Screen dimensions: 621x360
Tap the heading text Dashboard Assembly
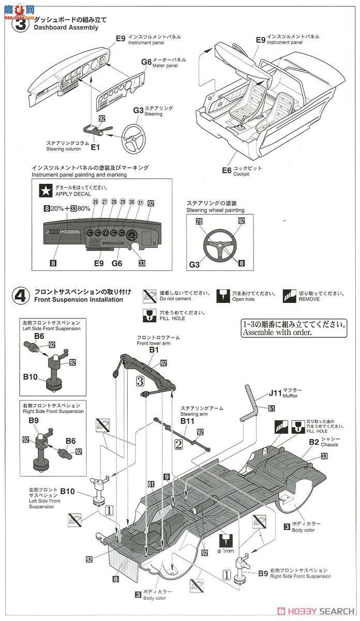pos(66,27)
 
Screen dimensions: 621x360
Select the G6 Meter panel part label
pos(146,62)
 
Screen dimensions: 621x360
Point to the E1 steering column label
pos(95,147)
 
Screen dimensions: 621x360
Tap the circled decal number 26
pos(95,202)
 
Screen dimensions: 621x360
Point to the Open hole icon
pos(223,295)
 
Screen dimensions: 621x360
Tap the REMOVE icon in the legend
pos(289,295)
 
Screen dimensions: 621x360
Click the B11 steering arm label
pos(187,422)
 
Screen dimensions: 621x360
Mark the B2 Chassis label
pos(313,441)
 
